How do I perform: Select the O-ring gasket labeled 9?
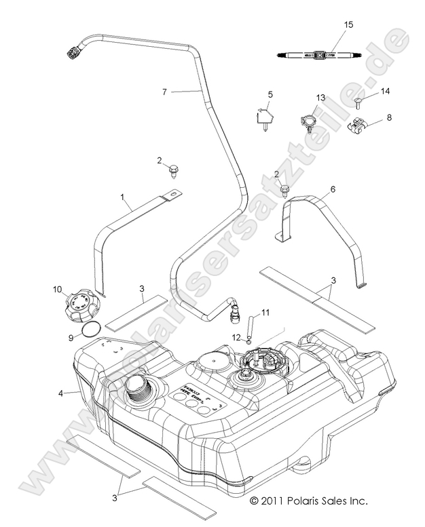[x=92, y=330]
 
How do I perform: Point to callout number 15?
[x=348, y=24]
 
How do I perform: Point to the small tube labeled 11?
[x=250, y=321]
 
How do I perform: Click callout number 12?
[x=234, y=336]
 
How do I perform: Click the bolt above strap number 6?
[x=284, y=191]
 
